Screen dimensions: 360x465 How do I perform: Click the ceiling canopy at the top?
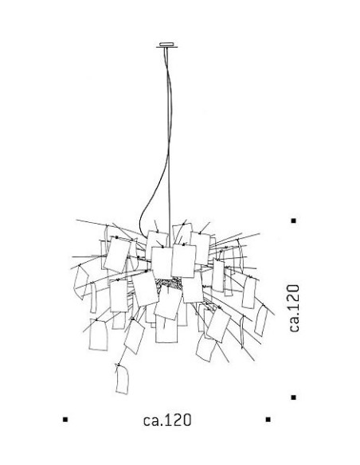[167, 45]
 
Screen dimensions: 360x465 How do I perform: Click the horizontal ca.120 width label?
[167, 420]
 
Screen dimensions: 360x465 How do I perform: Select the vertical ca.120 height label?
[294, 308]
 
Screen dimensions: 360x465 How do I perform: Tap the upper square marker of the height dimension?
[294, 221]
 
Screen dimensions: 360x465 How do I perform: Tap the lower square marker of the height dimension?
[294, 397]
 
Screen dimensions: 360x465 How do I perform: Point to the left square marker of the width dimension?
[65, 420]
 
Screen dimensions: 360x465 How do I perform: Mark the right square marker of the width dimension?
[268, 420]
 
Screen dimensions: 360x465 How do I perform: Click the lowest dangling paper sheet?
[122, 379]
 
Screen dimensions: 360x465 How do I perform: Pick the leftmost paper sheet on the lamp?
[80, 282]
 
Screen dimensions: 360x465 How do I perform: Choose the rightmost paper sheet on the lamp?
[261, 321]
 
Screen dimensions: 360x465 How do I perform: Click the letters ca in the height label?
[294, 325]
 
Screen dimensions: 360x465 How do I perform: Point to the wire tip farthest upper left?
[76, 220]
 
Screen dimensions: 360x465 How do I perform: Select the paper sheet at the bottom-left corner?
[98, 334]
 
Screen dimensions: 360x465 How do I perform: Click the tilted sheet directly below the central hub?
[168, 303]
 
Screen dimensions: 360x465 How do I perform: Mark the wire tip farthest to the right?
[274, 315]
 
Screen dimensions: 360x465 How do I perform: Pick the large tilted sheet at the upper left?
[117, 254]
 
